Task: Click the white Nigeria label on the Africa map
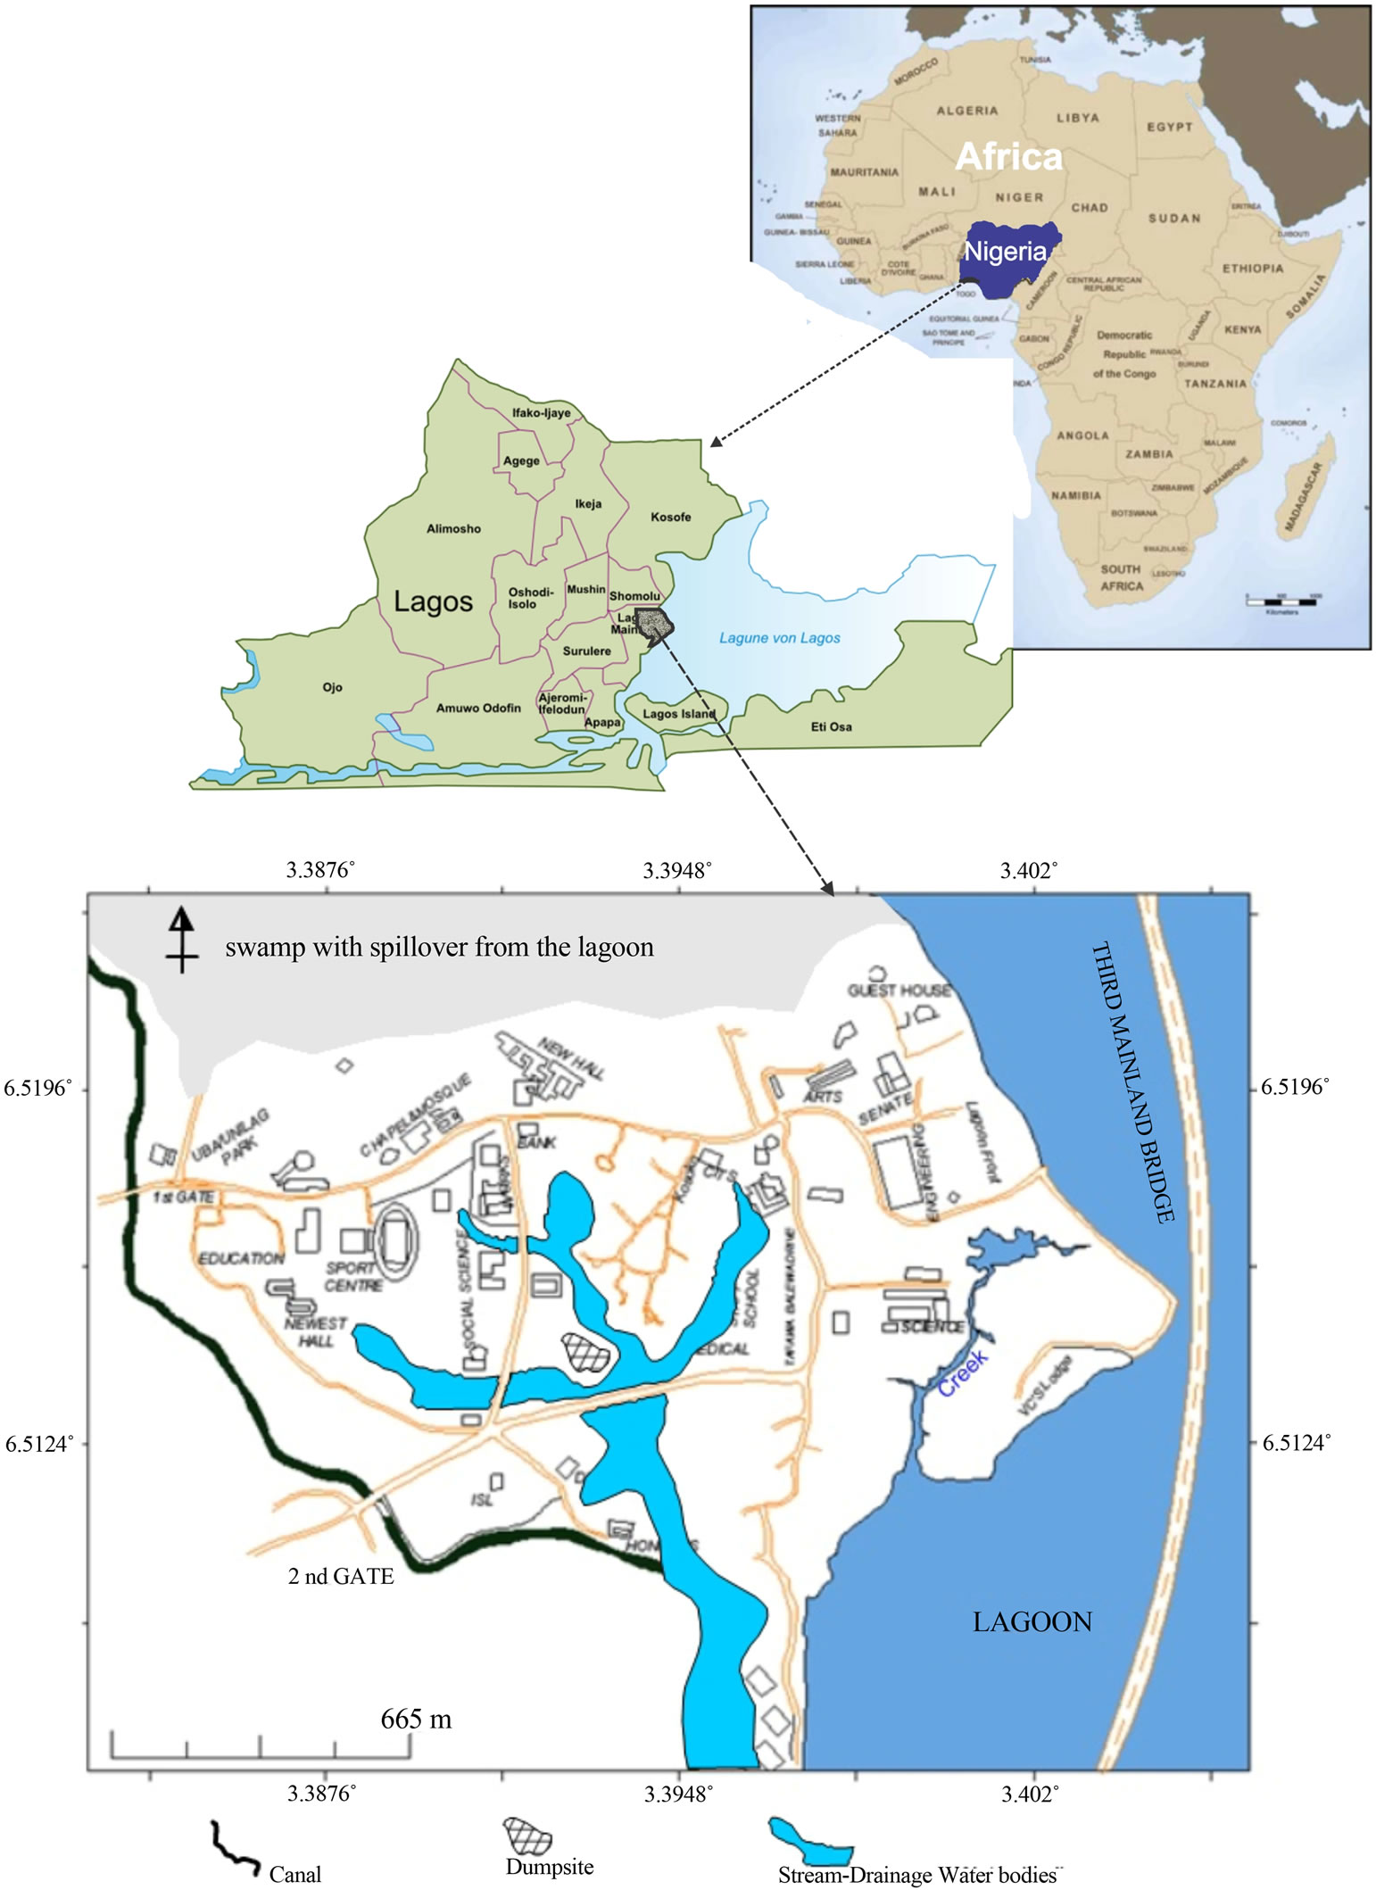click(1005, 252)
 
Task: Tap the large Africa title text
click(1008, 157)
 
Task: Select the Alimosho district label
click(453, 528)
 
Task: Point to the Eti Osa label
click(831, 726)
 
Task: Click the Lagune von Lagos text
click(780, 638)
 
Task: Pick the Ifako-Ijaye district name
click(541, 413)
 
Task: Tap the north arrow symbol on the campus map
click(182, 939)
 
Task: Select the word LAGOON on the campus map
click(1032, 1621)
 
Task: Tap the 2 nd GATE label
click(341, 1576)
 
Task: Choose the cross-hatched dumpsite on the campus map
click(586, 1353)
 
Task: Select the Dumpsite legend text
click(549, 1867)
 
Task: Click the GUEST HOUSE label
click(899, 991)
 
